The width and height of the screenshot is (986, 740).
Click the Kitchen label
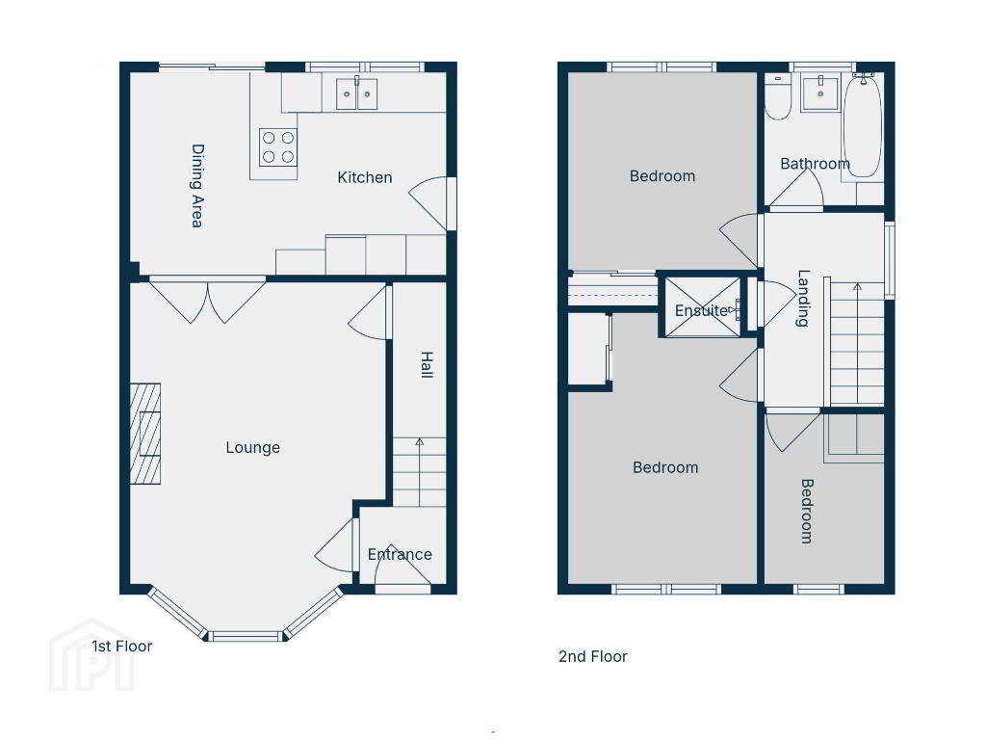point(365,177)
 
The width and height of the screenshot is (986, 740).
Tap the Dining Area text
point(197,186)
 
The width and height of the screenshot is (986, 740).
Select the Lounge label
point(253,447)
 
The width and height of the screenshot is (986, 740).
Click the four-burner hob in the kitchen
point(278,147)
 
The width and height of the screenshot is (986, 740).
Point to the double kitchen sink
point(356,93)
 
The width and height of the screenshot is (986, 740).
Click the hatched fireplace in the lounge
point(145,434)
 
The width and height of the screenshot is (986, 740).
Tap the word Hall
point(427,365)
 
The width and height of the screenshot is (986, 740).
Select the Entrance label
point(400,554)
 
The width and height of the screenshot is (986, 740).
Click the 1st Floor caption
point(122,647)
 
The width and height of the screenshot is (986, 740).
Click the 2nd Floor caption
point(593,656)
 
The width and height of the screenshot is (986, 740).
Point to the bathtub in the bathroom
point(862,126)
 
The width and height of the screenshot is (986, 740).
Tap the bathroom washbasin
point(820,93)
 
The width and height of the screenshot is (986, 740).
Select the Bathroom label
point(815,164)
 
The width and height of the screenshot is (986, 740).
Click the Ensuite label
point(701,310)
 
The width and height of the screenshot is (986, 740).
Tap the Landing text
point(803,298)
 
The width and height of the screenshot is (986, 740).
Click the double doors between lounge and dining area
point(208,302)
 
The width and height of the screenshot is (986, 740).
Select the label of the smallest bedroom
point(807,511)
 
